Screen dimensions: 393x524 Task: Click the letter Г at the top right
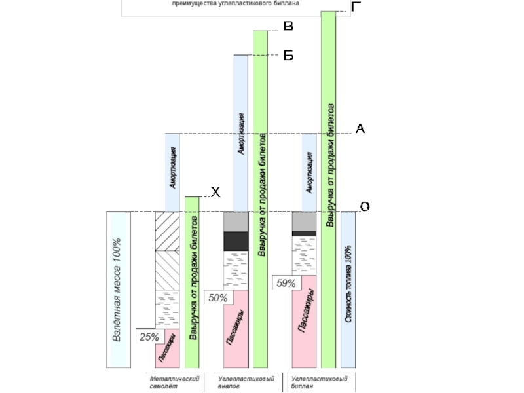coord(356,7)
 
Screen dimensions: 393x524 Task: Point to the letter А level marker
coord(360,129)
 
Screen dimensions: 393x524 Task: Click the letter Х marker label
coord(215,193)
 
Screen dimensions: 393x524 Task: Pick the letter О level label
coord(365,206)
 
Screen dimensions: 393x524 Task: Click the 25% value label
coord(149,337)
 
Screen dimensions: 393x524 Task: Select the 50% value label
coord(217,298)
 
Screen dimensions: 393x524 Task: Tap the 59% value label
coord(286,284)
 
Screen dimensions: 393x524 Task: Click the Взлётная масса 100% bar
coord(119,290)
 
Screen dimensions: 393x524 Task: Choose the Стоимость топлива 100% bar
coord(348,290)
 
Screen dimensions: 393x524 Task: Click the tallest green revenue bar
coord(328,190)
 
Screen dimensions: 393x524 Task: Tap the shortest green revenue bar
coord(192,282)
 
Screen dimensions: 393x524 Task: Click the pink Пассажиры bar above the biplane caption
coord(304,321)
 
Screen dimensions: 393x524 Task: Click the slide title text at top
coord(236,3)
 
